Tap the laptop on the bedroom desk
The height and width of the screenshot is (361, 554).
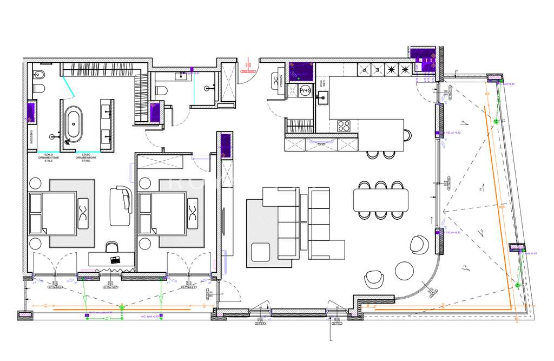point(115,260)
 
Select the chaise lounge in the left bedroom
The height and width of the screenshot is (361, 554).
point(120,206)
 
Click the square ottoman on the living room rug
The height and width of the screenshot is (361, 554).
point(261,252)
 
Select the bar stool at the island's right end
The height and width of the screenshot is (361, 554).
point(406,135)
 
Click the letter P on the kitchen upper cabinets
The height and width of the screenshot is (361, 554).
point(364,69)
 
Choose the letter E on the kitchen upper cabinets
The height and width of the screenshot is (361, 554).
point(377,69)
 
